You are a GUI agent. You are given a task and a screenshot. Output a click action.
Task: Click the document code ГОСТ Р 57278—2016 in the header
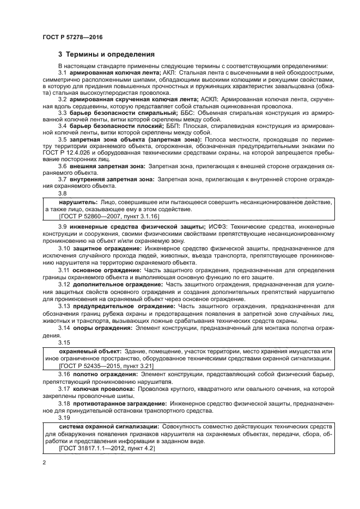point(72,36)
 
